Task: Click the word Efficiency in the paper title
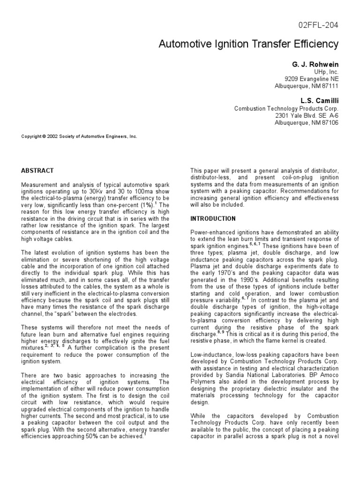[314, 45]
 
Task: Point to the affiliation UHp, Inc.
[326, 72]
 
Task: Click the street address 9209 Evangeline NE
[311, 79]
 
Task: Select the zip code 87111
[330, 86]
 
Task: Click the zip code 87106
[330, 123]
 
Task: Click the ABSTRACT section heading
[37, 171]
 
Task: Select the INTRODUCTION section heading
[213, 219]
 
